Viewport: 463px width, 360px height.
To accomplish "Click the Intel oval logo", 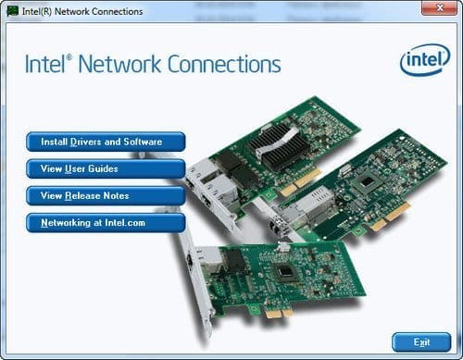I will point(424,61).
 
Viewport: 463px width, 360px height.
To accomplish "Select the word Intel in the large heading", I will point(52,65).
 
